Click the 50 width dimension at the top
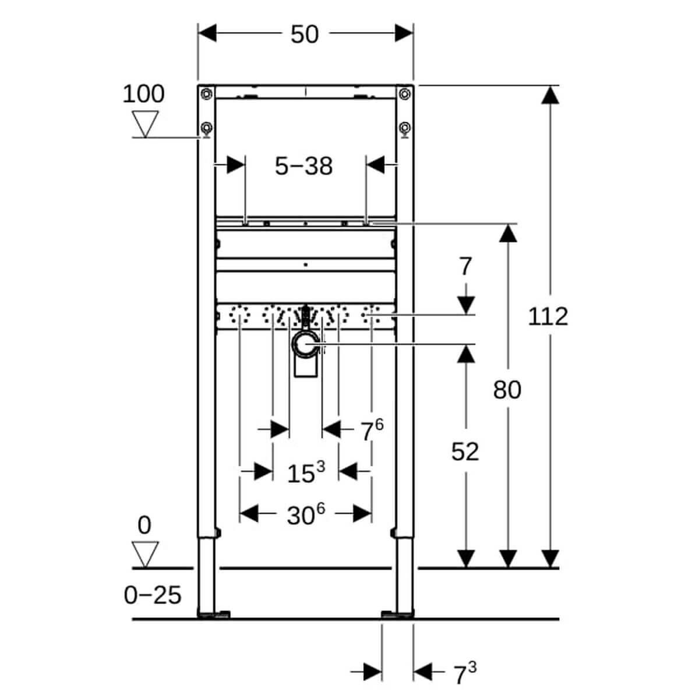(305, 34)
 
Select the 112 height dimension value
(548, 316)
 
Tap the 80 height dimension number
(507, 390)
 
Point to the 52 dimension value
(465, 451)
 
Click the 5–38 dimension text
(303, 167)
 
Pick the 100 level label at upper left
(143, 94)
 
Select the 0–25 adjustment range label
(153, 595)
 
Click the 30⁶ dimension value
(305, 515)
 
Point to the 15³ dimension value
(305, 472)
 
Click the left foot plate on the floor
(214, 614)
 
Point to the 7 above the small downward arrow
(465, 267)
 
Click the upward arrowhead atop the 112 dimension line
(548, 94)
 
